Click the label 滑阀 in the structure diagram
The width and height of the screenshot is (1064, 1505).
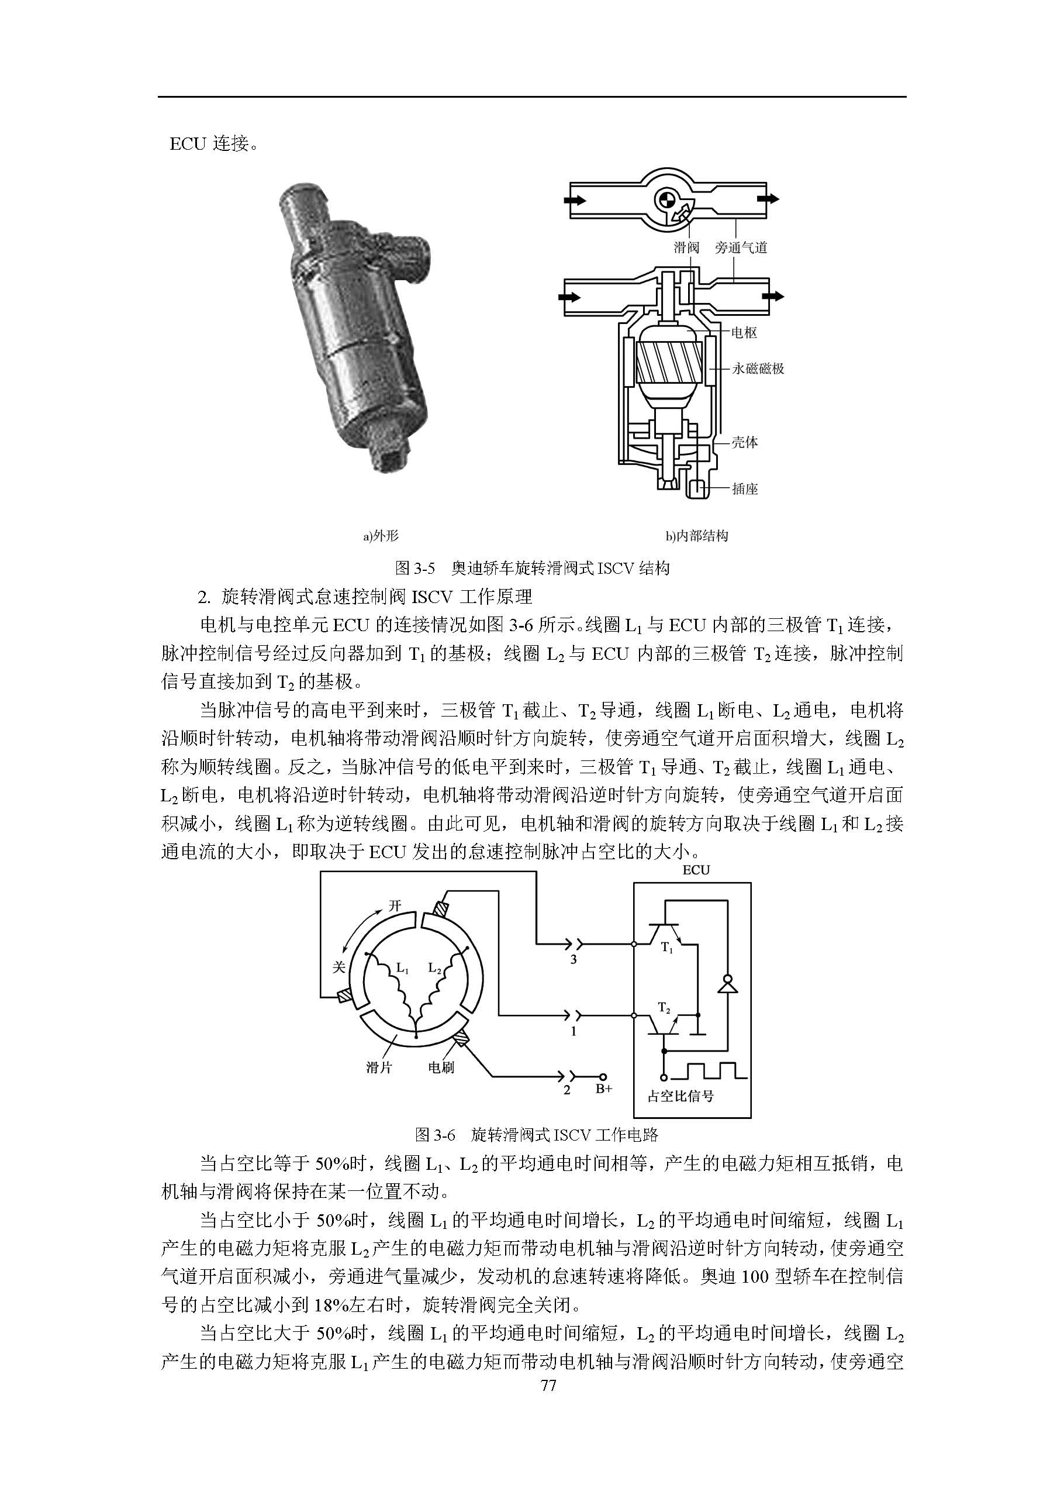tap(686, 248)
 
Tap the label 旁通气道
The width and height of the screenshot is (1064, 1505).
tap(741, 248)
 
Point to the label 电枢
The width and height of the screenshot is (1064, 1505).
tap(744, 333)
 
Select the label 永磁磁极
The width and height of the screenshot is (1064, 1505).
tap(758, 368)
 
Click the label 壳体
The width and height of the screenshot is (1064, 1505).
tap(745, 442)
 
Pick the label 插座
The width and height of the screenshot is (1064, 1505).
tap(745, 489)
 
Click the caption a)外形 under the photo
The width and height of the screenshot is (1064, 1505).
tap(381, 536)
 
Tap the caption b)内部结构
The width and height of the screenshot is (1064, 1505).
tap(697, 536)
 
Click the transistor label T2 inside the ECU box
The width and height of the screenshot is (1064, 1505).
tap(664, 1007)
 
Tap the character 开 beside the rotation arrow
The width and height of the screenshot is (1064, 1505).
tap(395, 906)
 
